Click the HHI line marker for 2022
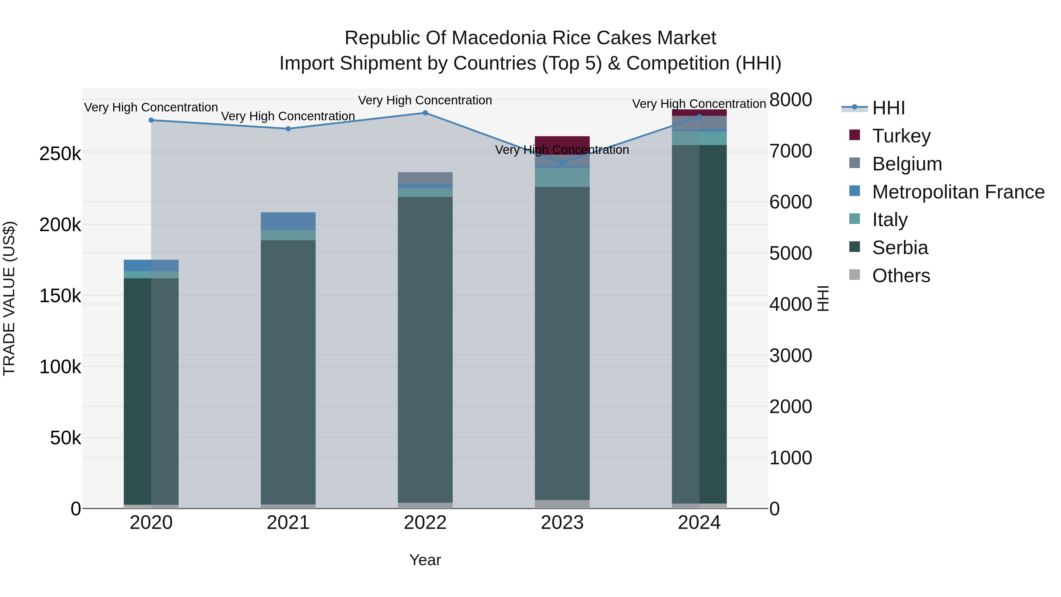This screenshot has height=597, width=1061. tap(425, 113)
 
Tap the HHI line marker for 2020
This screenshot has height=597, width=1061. tap(151, 120)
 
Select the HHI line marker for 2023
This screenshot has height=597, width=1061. tap(562, 163)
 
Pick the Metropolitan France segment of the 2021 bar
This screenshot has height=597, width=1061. tap(288, 221)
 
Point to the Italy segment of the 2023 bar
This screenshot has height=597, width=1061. tap(562, 177)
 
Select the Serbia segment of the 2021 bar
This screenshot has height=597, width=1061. tap(288, 371)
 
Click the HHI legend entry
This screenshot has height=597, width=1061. tap(888, 108)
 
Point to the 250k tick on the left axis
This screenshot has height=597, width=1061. tap(60, 154)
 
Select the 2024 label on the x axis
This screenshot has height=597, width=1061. tap(699, 523)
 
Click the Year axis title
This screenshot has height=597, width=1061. tap(425, 560)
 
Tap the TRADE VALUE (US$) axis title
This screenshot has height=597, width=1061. tap(9, 298)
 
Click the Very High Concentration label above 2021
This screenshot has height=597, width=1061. tap(288, 116)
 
